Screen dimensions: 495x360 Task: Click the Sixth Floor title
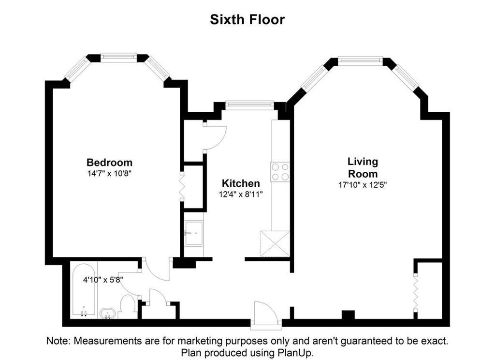(247, 19)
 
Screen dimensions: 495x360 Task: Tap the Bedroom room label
(109, 163)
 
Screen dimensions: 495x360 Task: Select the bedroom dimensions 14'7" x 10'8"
(109, 173)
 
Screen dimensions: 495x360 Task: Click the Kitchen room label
(241, 183)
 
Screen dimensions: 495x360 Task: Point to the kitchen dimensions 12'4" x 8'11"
(241, 194)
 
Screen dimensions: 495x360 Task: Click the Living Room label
(363, 167)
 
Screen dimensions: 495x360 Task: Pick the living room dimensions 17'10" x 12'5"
(363, 185)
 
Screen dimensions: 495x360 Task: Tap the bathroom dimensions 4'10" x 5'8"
(103, 280)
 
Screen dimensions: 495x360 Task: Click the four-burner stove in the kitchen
(280, 172)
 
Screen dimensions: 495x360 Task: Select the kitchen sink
(193, 233)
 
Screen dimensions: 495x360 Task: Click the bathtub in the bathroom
(84, 289)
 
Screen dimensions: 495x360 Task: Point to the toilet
(128, 306)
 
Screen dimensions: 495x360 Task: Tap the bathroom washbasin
(108, 315)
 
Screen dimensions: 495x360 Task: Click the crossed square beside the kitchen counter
(275, 243)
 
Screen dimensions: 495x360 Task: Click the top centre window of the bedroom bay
(119, 57)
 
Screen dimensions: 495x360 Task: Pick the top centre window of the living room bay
(360, 60)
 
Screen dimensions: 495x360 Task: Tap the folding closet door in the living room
(416, 294)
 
